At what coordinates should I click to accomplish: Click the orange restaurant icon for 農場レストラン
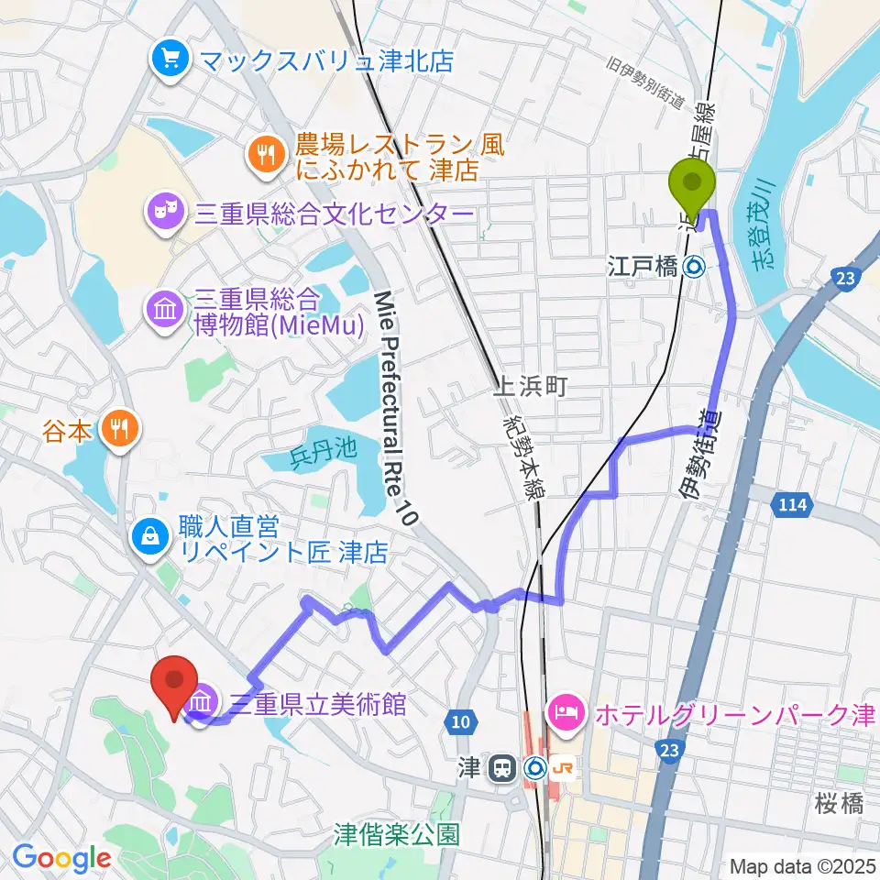267,155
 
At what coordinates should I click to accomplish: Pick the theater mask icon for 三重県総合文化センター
166,214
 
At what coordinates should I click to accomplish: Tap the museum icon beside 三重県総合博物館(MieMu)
166,310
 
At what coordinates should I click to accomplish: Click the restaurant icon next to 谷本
120,428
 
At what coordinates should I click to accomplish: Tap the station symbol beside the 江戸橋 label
695,268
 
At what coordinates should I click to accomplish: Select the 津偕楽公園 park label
396,834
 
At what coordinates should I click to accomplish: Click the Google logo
61,858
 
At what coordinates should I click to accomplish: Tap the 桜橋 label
838,805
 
